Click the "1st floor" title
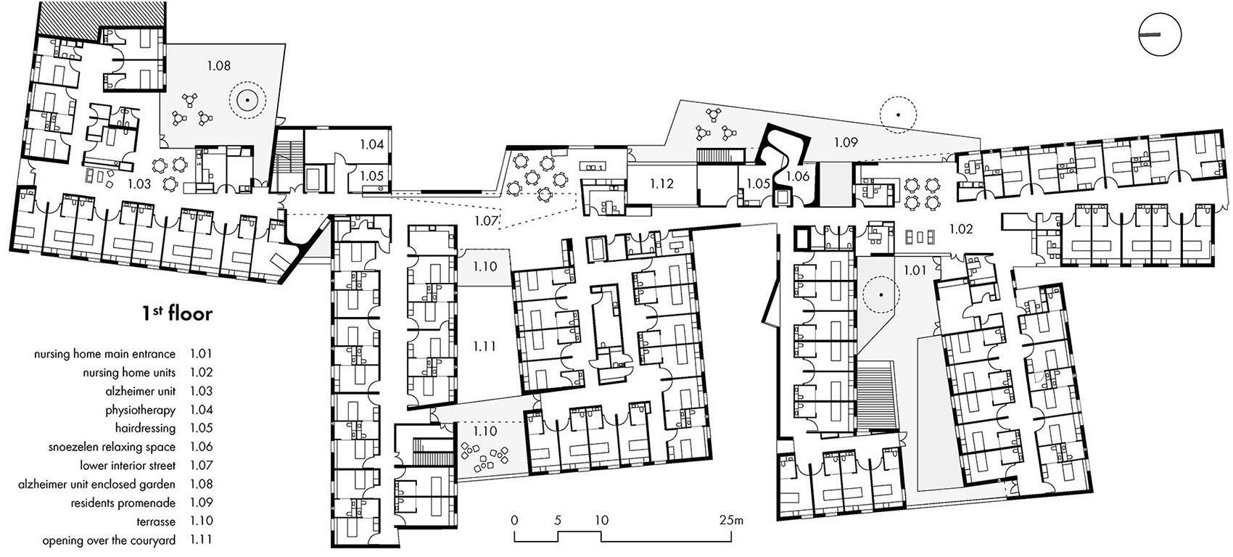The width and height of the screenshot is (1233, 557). pyautogui.click(x=177, y=314)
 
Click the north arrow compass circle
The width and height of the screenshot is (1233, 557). pyautogui.click(x=1160, y=35)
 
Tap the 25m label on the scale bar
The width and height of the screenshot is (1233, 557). pyautogui.click(x=732, y=519)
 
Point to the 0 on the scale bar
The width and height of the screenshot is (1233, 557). pyautogui.click(x=515, y=520)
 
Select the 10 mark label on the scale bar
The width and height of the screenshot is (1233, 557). pyautogui.click(x=602, y=520)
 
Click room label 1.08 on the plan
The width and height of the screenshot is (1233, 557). pyautogui.click(x=218, y=66)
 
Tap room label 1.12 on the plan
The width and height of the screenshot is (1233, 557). pyautogui.click(x=661, y=183)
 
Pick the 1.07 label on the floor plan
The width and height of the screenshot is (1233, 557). pyautogui.click(x=487, y=221)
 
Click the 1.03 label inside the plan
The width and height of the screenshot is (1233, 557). pyautogui.click(x=139, y=183)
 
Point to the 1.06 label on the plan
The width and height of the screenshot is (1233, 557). pyautogui.click(x=798, y=176)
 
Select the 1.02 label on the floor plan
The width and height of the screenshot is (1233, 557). pyautogui.click(x=961, y=229)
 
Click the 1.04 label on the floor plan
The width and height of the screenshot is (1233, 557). pyautogui.click(x=372, y=145)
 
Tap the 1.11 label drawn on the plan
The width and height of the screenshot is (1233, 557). pyautogui.click(x=484, y=346)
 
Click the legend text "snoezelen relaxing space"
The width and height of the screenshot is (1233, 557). pyautogui.click(x=112, y=447)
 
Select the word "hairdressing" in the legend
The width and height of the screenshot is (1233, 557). pyautogui.click(x=145, y=428)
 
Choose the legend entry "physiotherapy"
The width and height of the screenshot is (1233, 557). pyautogui.click(x=141, y=410)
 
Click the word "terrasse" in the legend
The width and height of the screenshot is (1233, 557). pyautogui.click(x=157, y=521)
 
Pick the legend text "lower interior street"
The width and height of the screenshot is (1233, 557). pyautogui.click(x=128, y=466)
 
